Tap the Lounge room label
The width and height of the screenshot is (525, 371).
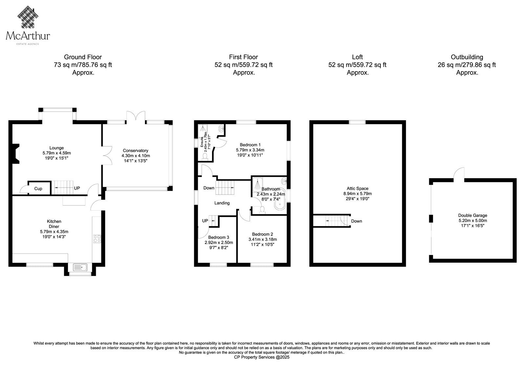pyautogui.click(x=56, y=148)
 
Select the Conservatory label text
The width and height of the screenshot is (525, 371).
pyautogui.click(x=136, y=151)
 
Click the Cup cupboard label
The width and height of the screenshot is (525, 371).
pyautogui.click(x=38, y=189)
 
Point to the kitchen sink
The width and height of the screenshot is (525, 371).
pyautogui.click(x=80, y=267)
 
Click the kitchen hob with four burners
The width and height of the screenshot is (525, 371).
pyautogui.click(x=97, y=238)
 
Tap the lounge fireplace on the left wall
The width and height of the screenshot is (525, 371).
pyautogui.click(x=16, y=154)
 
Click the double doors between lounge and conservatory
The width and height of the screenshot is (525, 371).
pyautogui.click(x=107, y=155)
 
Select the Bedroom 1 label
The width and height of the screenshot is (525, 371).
pyautogui.click(x=250, y=145)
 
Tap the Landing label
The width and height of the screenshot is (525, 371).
pyautogui.click(x=222, y=203)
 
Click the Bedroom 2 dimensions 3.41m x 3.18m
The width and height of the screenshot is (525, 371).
pyautogui.click(x=262, y=239)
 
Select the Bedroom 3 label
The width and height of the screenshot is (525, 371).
pyautogui.click(x=219, y=237)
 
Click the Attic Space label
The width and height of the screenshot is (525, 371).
pyautogui.click(x=357, y=188)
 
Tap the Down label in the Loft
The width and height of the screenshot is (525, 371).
pyautogui.click(x=356, y=221)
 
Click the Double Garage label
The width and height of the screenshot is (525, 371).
pyautogui.click(x=473, y=216)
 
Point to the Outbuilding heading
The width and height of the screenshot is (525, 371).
pyautogui.click(x=467, y=57)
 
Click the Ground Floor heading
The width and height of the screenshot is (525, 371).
pyautogui.click(x=83, y=57)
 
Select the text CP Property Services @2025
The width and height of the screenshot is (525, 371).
pyautogui.click(x=262, y=357)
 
